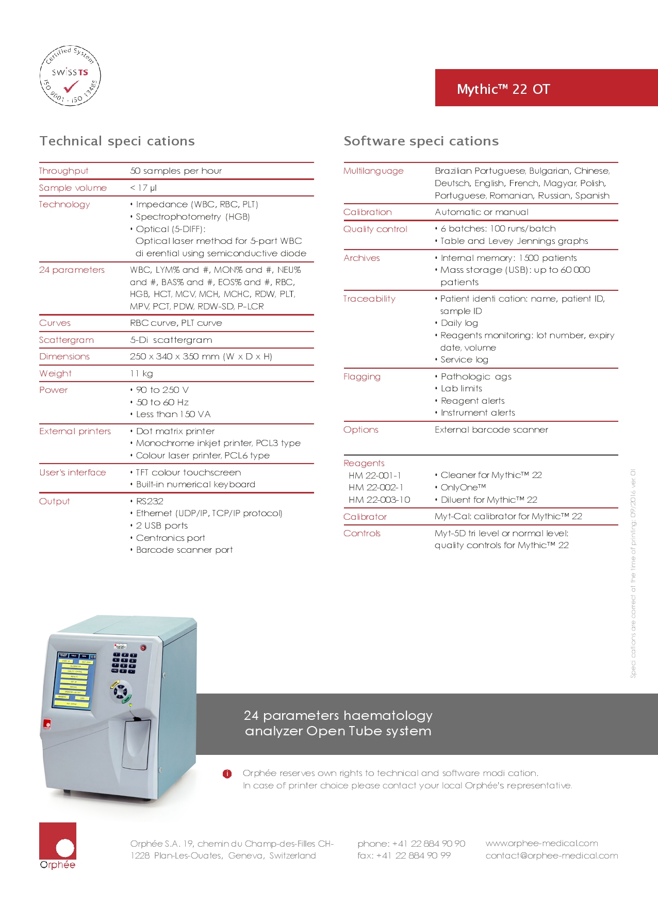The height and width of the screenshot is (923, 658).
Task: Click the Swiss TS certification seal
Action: click(x=70, y=75)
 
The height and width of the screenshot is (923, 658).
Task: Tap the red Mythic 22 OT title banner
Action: click(x=546, y=88)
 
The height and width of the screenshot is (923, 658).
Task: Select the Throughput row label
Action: click(x=63, y=171)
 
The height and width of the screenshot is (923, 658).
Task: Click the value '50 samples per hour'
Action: click(x=176, y=171)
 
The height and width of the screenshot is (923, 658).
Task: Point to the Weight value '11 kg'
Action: click(x=141, y=373)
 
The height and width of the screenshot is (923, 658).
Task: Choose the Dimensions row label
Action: click(x=64, y=356)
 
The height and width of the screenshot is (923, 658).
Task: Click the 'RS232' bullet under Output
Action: click(x=150, y=501)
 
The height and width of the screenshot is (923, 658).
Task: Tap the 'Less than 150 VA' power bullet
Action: click(x=173, y=414)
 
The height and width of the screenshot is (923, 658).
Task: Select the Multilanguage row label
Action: click(x=373, y=171)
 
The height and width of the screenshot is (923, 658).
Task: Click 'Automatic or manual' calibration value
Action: click(x=481, y=212)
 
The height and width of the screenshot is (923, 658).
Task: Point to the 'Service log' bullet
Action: click(x=464, y=360)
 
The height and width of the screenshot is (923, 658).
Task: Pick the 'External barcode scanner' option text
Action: click(x=491, y=430)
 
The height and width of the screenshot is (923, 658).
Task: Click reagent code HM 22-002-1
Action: click(x=376, y=487)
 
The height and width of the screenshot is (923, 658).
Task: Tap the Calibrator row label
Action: click(x=365, y=517)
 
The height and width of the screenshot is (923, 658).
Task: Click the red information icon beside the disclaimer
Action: click(x=227, y=773)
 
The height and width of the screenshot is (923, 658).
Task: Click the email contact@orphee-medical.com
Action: click(x=551, y=856)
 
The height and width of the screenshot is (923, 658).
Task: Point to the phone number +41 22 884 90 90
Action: click(x=411, y=844)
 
